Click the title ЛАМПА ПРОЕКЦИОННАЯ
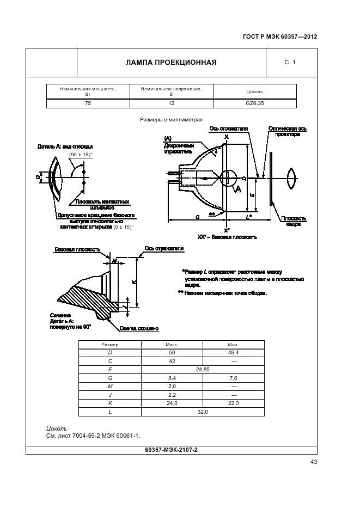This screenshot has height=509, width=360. pyautogui.click(x=172, y=62)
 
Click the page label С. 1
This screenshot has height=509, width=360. pyautogui.click(x=290, y=63)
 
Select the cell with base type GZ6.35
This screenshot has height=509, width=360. pyautogui.click(x=254, y=103)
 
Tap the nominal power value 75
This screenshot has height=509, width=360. pyautogui.click(x=88, y=103)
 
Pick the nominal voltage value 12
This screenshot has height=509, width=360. pyautogui.click(x=171, y=103)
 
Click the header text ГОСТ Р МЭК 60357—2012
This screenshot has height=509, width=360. pyautogui.click(x=279, y=38)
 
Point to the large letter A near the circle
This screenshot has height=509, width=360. pyautogui.click(x=237, y=188)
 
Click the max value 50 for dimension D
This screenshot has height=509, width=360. pyautogui.click(x=172, y=353)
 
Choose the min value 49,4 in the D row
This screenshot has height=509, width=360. pyautogui.click(x=233, y=353)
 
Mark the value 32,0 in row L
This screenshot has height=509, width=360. pyautogui.click(x=203, y=412)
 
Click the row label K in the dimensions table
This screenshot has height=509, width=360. pyautogui.click(x=110, y=403)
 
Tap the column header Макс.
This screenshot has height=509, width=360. pyautogui.click(x=172, y=345)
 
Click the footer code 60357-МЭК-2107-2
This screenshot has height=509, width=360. pyautogui.click(x=172, y=450)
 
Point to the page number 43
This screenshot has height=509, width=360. pyautogui.click(x=314, y=462)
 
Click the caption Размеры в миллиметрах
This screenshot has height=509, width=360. pyautogui.click(x=171, y=119)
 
